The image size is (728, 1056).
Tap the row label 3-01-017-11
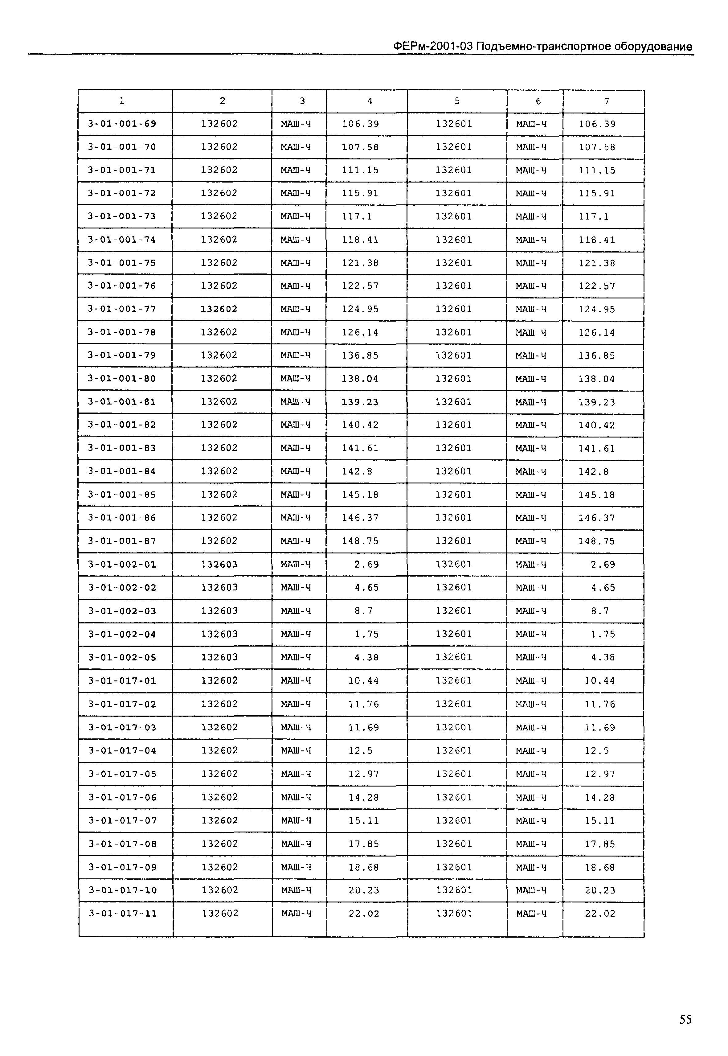123,913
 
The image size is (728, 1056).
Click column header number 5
457,101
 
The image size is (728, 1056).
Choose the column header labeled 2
222,101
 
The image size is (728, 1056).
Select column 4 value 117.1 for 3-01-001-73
357,216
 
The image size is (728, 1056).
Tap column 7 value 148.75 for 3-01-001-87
597,541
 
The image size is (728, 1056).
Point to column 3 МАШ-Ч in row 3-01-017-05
296,774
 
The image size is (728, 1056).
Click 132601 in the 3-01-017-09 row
454,867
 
